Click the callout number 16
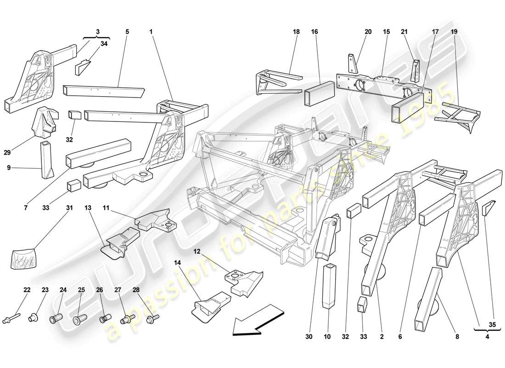[x=314, y=32]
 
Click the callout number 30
[x=309, y=337]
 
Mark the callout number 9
[x=8, y=168]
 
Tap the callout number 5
[x=127, y=32]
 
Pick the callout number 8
[x=457, y=337]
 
